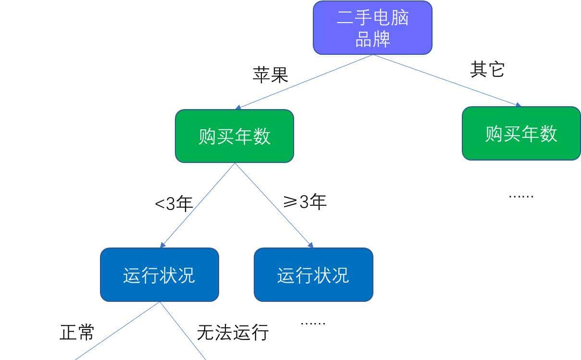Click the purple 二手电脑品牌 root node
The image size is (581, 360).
click(372, 27)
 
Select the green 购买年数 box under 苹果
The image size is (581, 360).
click(234, 136)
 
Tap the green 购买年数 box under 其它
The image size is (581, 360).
click(521, 133)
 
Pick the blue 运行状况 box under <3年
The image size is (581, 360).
click(159, 275)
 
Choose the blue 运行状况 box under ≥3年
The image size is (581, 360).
click(313, 275)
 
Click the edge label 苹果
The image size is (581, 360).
click(270, 74)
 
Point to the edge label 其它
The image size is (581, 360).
click(487, 70)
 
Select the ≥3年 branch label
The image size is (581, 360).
click(305, 202)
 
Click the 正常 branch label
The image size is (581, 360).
click(77, 332)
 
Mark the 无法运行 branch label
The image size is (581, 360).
click(233, 332)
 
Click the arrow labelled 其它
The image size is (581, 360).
click(447, 80)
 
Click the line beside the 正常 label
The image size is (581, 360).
click(117, 331)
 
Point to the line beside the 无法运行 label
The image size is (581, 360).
click(183, 331)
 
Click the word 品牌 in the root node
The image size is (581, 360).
click(372, 39)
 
